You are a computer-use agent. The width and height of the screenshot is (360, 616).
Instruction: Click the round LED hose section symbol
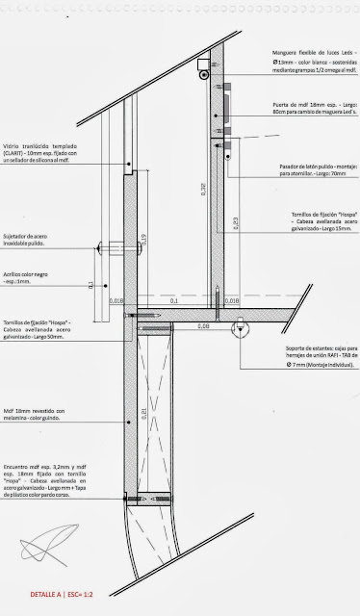(x=204, y=72)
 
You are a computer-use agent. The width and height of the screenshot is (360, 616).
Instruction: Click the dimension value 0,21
(x=143, y=414)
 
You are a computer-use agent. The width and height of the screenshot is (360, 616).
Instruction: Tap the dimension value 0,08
(x=204, y=327)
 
